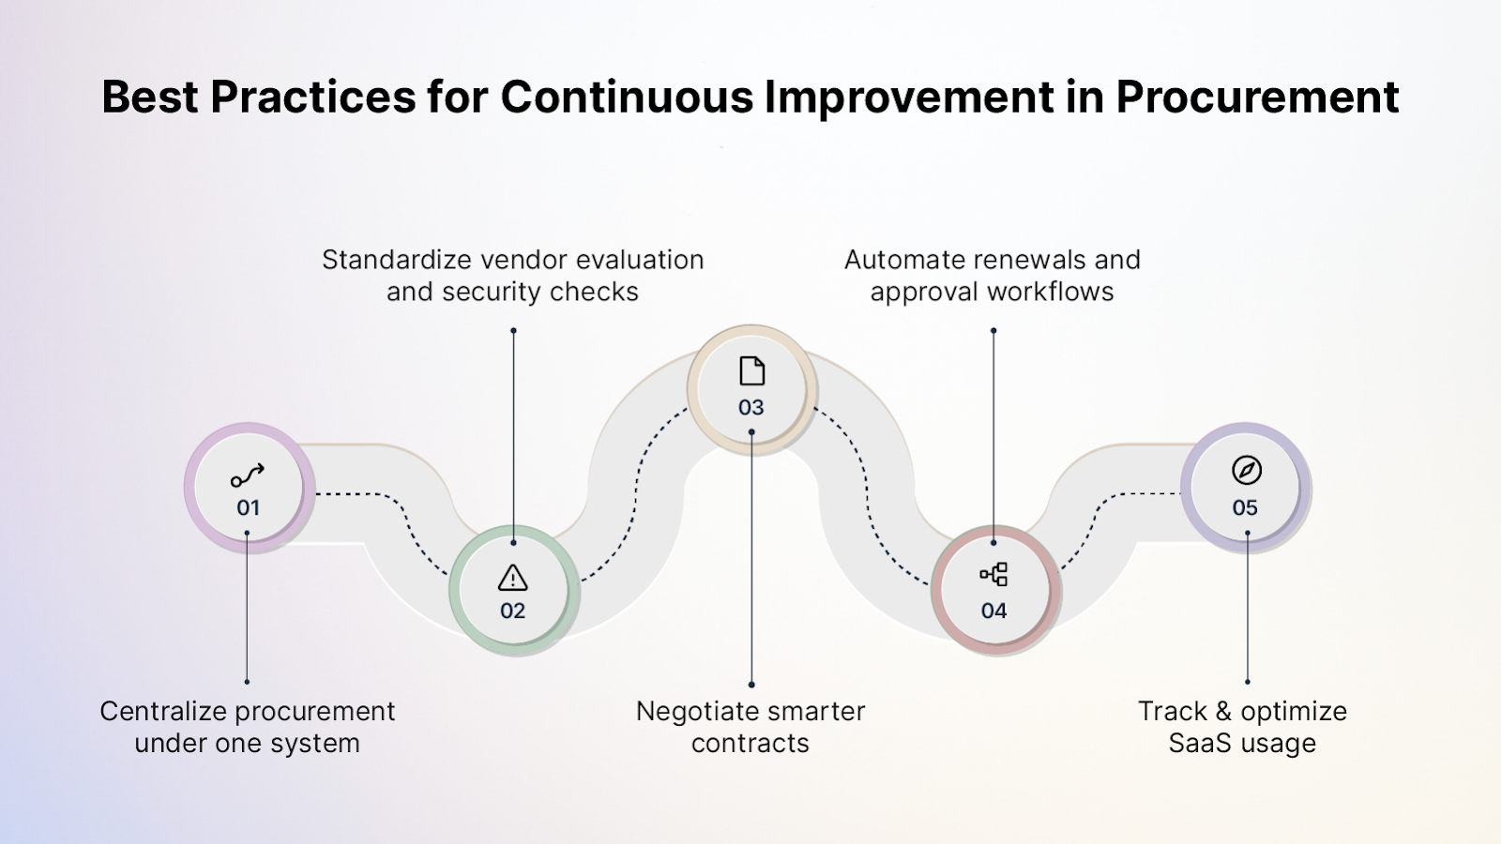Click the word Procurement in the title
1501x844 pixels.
click(x=1257, y=97)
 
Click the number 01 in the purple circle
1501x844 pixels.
click(x=248, y=508)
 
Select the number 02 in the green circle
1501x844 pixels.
click(x=512, y=611)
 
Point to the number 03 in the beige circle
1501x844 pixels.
click(x=750, y=408)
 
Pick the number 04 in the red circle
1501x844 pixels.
click(x=993, y=611)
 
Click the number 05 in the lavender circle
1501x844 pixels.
click(x=1245, y=508)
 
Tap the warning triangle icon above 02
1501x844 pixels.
click(x=512, y=578)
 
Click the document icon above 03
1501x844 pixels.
click(x=751, y=371)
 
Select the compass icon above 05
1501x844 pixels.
click(x=1246, y=470)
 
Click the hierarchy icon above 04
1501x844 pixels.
click(x=993, y=575)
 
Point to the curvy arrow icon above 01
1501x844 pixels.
click(x=248, y=475)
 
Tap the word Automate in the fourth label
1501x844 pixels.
click(x=903, y=260)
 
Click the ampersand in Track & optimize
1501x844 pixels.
click(x=1222, y=712)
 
